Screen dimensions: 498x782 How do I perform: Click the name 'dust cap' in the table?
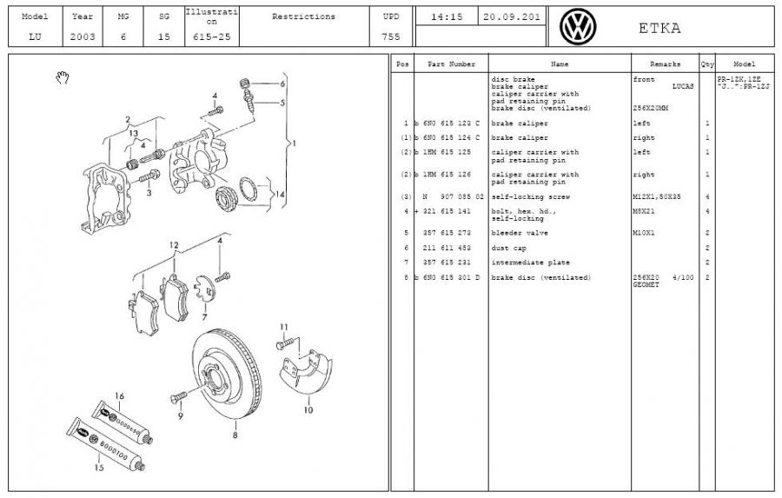click(x=508, y=248)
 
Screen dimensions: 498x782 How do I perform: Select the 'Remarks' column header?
click(x=666, y=64)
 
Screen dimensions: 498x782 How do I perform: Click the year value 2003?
click(x=83, y=37)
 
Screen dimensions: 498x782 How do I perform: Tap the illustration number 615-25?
click(x=210, y=37)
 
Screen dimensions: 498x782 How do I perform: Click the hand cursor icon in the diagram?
click(x=62, y=78)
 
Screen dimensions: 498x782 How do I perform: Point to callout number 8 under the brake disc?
click(x=235, y=435)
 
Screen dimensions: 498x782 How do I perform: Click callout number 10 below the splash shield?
click(x=308, y=409)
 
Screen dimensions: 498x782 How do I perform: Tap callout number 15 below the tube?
click(x=99, y=468)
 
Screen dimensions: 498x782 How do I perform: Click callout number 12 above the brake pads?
click(x=174, y=245)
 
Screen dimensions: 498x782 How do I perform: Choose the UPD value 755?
click(x=391, y=37)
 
